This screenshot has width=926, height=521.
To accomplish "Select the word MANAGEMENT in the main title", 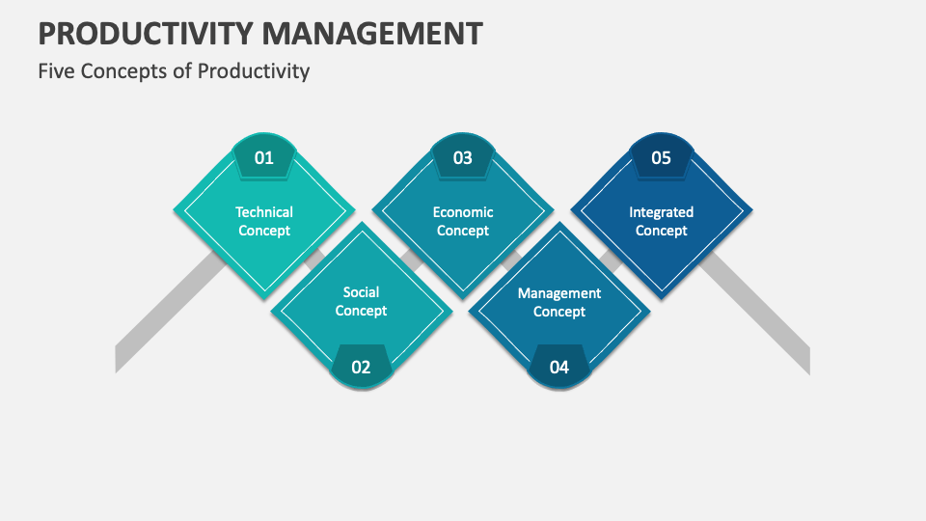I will pyautogui.click(x=379, y=34).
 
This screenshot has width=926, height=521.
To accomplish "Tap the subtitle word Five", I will pyautogui.click(x=56, y=71).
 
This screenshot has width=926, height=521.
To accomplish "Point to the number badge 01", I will pyautogui.click(x=264, y=157).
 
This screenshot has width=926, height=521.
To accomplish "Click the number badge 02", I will pyautogui.click(x=361, y=367).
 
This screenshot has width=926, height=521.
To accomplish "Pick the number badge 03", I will pyautogui.click(x=463, y=157).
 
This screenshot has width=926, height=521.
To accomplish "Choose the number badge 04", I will pyautogui.click(x=559, y=367).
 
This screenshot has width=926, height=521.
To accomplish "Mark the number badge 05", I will pyautogui.click(x=661, y=157).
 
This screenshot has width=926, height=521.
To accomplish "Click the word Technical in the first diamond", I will pyautogui.click(x=264, y=212).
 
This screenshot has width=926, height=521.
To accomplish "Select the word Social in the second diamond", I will pyautogui.click(x=361, y=292).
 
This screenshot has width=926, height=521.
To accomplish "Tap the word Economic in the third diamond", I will pyautogui.click(x=463, y=212).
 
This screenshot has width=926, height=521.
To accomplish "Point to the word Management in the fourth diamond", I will pyautogui.click(x=559, y=293).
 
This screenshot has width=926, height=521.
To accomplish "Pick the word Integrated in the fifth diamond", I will pyautogui.click(x=661, y=212).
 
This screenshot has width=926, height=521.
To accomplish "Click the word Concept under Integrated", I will pyautogui.click(x=661, y=231).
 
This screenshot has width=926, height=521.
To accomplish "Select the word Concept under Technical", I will pyautogui.click(x=264, y=231).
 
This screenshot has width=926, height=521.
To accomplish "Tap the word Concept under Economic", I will pyautogui.click(x=463, y=231).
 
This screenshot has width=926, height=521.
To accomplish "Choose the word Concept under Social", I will pyautogui.click(x=361, y=311).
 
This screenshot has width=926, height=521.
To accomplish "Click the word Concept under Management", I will pyautogui.click(x=559, y=312).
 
